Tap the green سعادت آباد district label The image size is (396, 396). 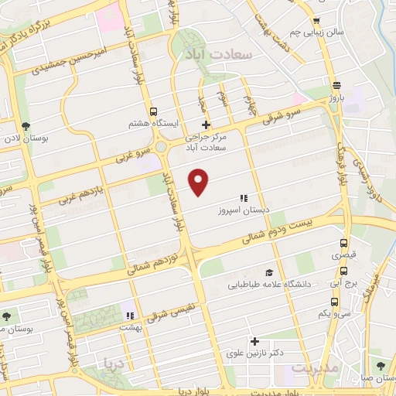point(215,56)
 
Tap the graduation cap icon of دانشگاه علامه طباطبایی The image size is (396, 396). point(268,272)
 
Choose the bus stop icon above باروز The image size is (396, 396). point(336,86)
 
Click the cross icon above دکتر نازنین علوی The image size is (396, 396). point(254,340)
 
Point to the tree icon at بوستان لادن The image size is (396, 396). point(27,125)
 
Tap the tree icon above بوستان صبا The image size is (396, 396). point(379,365)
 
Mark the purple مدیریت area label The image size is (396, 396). point(316,369)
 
